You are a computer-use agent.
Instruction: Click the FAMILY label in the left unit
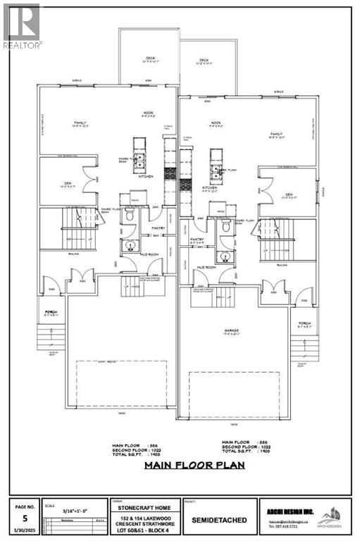80,123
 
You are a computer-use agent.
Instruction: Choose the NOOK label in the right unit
216,123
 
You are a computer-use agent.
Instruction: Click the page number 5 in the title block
24,515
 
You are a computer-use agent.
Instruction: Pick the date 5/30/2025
24,530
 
